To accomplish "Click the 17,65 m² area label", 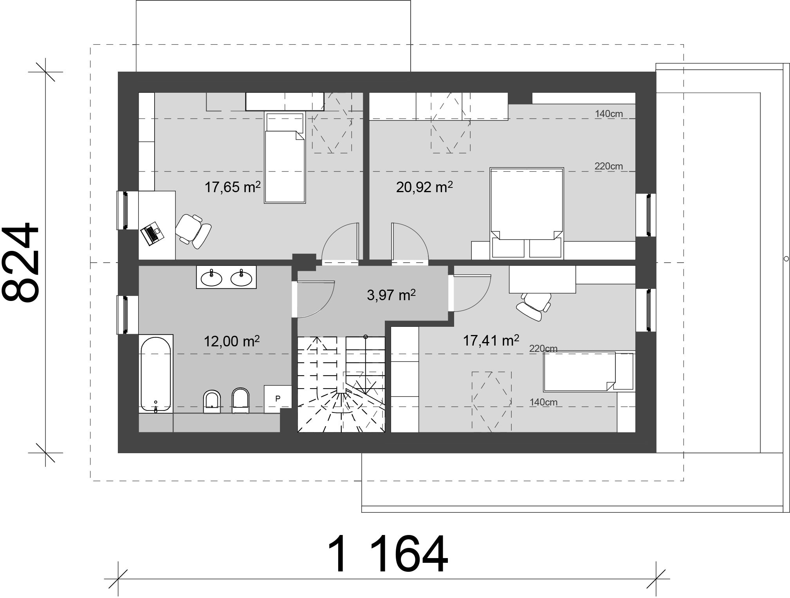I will [232, 187].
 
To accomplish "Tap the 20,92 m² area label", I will [424, 187].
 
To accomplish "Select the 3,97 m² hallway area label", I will [391, 295].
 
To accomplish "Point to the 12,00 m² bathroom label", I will [231, 341].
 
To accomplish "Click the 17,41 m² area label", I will [491, 340].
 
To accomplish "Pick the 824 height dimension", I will [22, 263].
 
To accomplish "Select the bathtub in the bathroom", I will [156, 374].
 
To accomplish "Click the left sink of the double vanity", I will [211, 278].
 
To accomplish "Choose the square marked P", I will [278, 398].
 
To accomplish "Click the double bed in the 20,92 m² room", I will [527, 213].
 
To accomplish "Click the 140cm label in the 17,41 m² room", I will [543, 402].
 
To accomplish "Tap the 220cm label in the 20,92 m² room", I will [608, 166].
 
